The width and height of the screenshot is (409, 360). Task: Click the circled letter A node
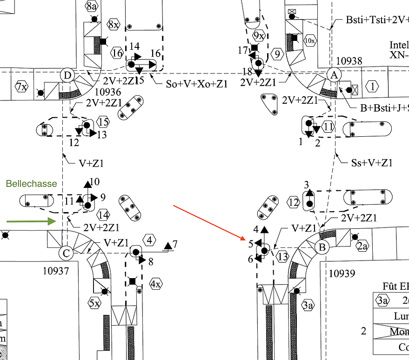(334, 74)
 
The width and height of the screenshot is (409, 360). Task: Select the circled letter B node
(322, 247)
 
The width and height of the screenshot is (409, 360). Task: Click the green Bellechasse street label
(31, 184)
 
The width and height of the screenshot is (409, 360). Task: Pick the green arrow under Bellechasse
(32, 221)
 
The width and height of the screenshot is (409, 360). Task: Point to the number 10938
(349, 61)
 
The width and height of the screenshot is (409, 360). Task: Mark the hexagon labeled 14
(103, 215)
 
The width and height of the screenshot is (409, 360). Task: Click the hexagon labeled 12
(294, 202)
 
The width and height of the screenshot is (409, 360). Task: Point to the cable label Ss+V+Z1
(372, 162)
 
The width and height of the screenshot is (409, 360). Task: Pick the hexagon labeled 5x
(94, 303)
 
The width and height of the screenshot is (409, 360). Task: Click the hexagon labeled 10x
(309, 40)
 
